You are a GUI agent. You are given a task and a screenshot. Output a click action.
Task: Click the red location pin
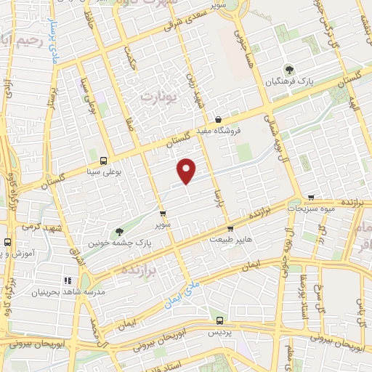coord(187,170)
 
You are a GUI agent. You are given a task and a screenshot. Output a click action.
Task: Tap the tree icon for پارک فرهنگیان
coord(291,70)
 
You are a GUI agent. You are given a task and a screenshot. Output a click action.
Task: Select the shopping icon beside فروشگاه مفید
coord(218,120)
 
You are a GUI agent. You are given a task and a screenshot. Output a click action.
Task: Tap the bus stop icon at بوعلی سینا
coord(103,161)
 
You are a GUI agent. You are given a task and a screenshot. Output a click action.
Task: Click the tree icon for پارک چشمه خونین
coord(100,232)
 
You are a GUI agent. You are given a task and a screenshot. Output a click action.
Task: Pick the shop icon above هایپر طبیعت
coord(230,229)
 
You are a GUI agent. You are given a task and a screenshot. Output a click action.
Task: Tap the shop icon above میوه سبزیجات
coord(311,197)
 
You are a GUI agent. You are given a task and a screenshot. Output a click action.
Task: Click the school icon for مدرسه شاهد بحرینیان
coord(67,280)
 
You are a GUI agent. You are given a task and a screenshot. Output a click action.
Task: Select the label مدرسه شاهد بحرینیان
coord(58,291)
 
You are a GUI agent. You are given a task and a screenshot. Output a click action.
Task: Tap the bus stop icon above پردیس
coord(219,319)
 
